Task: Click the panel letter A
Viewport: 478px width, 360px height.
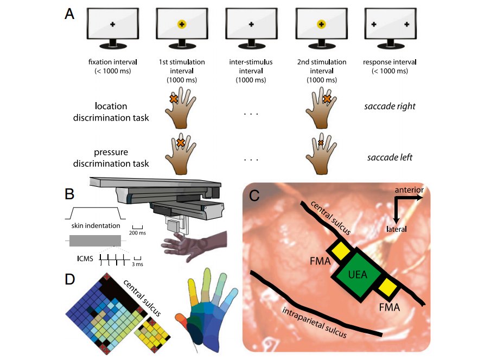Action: [x=69, y=15]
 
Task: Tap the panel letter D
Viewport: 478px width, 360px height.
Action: [x=70, y=279]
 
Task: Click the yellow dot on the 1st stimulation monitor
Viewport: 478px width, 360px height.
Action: [x=182, y=24]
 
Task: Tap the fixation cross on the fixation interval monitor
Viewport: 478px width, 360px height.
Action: [x=113, y=24]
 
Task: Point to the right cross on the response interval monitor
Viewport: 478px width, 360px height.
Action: [x=406, y=24]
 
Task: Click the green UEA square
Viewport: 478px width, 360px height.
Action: [x=358, y=275]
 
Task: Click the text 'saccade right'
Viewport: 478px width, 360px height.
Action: [x=390, y=106]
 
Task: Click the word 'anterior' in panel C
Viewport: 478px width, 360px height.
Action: [x=410, y=190]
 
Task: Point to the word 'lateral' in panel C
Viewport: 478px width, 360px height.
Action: [x=398, y=229]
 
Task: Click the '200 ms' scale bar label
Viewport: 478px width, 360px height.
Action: [x=137, y=233]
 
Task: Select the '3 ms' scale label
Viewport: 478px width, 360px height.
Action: [x=138, y=264]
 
